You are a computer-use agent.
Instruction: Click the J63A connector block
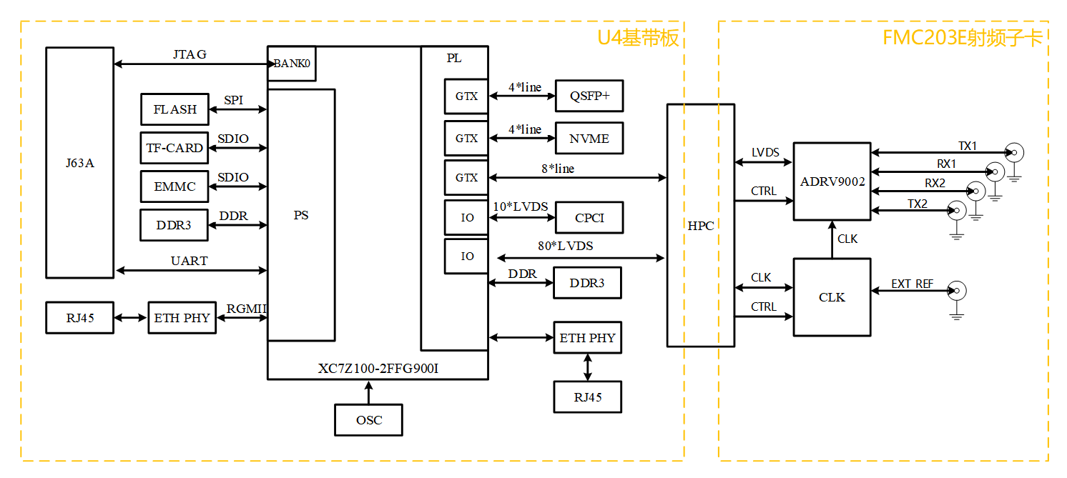click(79, 162)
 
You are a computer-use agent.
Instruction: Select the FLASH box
click(174, 109)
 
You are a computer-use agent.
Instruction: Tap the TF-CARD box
click(174, 148)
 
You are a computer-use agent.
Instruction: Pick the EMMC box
click(174, 186)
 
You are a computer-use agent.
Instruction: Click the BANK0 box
click(292, 64)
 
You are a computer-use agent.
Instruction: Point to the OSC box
click(369, 420)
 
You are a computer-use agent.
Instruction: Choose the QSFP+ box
click(589, 96)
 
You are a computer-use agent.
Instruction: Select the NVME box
click(589, 139)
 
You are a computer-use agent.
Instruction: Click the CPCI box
click(589, 218)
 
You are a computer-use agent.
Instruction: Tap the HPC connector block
click(700, 225)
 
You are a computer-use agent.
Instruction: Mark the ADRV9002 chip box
click(832, 181)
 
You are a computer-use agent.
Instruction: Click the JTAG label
click(190, 54)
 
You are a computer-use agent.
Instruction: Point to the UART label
click(190, 261)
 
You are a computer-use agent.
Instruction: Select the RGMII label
click(247, 309)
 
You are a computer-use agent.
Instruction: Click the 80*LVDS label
click(565, 246)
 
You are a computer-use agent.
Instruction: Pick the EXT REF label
click(912, 284)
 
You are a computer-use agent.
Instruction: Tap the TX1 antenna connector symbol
click(1013, 153)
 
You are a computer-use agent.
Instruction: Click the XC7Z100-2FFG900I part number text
click(377, 369)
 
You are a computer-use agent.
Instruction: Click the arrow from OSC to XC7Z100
click(369, 392)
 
